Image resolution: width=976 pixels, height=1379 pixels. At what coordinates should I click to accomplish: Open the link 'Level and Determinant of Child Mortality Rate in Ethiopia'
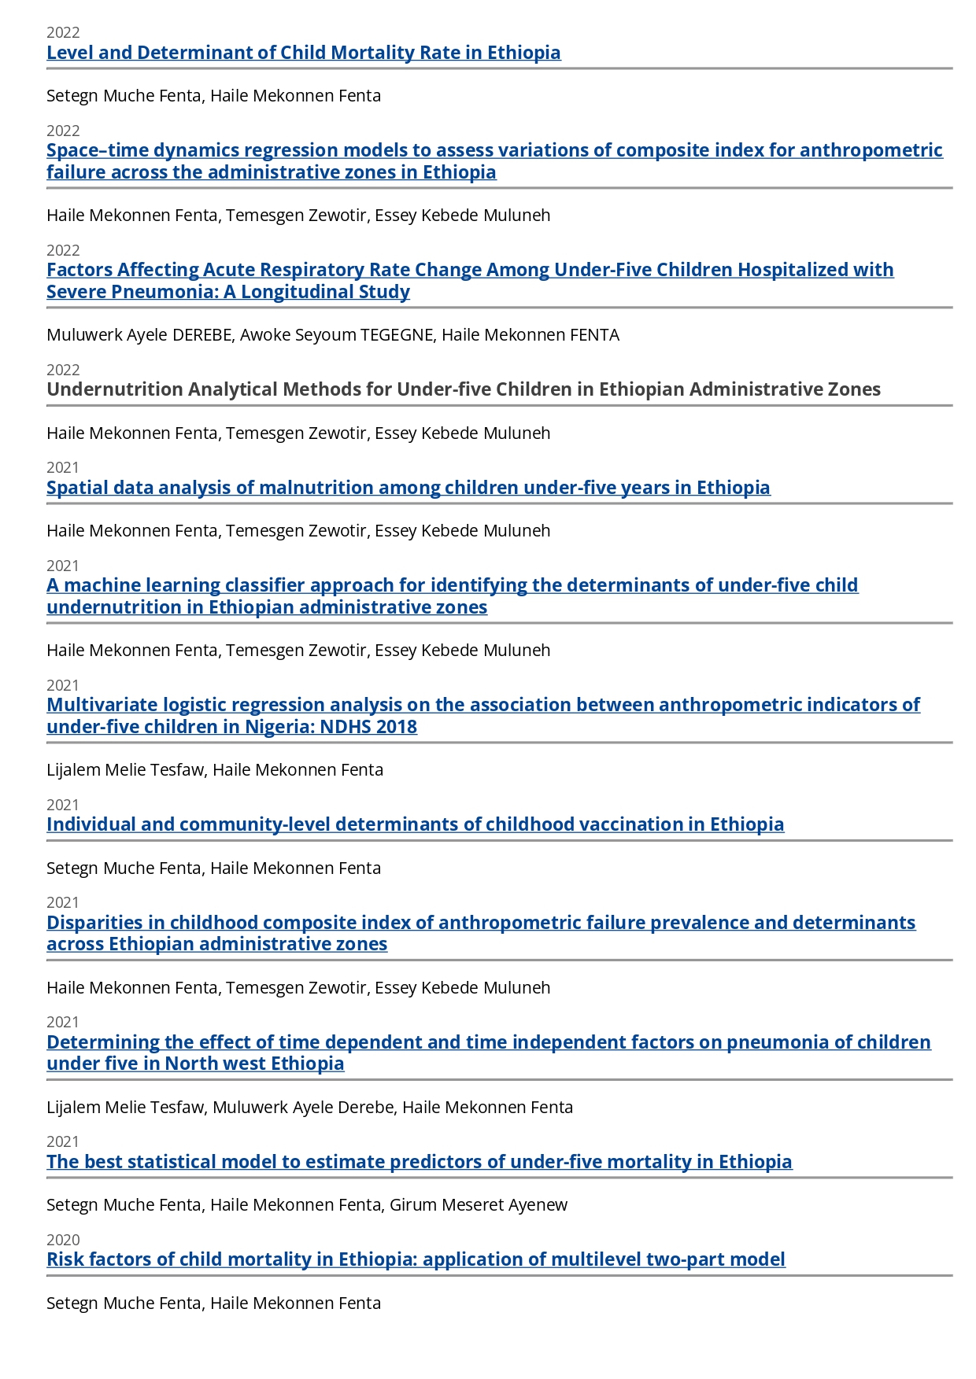(x=303, y=53)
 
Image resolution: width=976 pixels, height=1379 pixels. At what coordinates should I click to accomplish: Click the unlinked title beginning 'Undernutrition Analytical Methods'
(x=463, y=389)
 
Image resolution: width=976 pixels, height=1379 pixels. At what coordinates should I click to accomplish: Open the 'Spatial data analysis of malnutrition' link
(x=408, y=488)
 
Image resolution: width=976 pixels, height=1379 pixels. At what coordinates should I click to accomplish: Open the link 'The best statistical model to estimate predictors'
(x=419, y=1162)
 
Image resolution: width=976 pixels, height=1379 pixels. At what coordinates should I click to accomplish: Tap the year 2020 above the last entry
(x=63, y=1240)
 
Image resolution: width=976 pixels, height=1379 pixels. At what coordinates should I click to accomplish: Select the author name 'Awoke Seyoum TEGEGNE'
(x=337, y=335)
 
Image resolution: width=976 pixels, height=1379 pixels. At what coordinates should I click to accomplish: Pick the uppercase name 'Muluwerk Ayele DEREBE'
(x=139, y=335)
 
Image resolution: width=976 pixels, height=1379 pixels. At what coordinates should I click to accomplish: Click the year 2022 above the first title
(x=63, y=32)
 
